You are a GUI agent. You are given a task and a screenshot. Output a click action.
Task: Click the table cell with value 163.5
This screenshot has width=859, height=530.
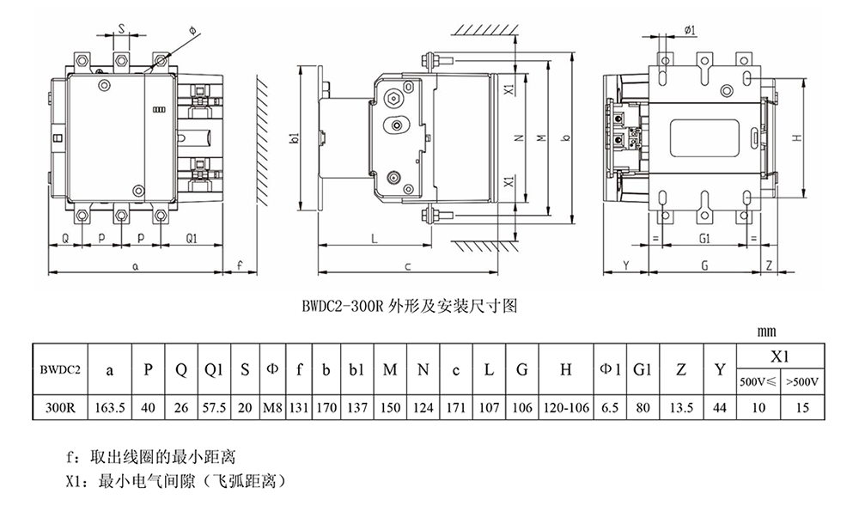click(110, 408)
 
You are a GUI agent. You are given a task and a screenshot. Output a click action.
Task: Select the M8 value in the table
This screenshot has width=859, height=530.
click(272, 408)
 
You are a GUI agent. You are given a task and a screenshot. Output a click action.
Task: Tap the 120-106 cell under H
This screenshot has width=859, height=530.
click(566, 408)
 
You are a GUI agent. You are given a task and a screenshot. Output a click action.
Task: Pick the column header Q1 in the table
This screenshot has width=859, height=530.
click(214, 370)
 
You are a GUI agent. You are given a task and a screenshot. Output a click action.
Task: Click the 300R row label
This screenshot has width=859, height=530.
click(60, 408)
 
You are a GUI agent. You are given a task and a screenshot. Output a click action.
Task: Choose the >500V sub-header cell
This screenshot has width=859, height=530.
click(802, 381)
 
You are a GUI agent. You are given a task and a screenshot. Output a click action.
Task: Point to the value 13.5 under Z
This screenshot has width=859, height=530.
click(681, 408)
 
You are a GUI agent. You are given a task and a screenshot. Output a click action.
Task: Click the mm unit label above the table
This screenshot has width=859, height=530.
click(766, 332)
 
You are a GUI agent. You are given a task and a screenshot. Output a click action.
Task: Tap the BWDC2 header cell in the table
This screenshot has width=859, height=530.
click(60, 369)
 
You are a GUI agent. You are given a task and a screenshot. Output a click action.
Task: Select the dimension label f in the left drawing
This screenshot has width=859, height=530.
click(240, 265)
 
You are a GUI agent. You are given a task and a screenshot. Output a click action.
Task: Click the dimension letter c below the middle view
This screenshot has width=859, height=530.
click(407, 267)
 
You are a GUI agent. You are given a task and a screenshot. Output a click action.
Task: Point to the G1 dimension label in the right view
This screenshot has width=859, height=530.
click(704, 239)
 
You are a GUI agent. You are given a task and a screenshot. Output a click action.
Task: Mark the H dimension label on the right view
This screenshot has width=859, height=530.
click(798, 137)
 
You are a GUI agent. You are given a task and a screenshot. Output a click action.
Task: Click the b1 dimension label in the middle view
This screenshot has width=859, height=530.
click(295, 137)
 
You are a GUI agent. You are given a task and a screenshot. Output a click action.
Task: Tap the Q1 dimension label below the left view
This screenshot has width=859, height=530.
click(192, 239)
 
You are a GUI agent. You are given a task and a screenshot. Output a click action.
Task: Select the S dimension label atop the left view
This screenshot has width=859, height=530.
click(122, 27)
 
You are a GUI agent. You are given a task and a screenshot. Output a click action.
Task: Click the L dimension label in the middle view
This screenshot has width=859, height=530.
click(375, 239)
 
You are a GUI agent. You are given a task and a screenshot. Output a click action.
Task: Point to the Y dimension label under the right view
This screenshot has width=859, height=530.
click(626, 265)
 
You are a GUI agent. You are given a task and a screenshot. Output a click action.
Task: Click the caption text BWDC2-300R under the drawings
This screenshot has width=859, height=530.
click(343, 306)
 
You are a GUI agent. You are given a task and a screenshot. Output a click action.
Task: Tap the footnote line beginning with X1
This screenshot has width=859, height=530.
click(176, 482)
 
